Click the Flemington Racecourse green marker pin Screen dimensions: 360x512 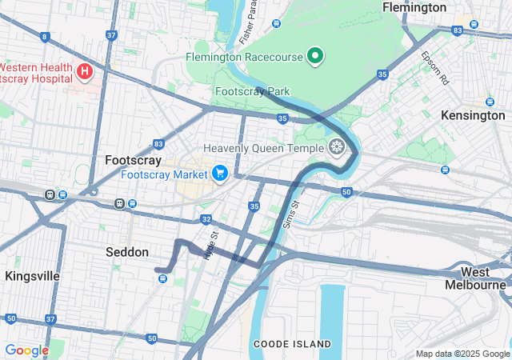315,56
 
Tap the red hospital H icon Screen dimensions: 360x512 85,73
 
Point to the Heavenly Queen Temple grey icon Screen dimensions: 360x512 337,147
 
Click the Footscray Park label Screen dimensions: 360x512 252,91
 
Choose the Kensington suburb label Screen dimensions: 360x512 473,115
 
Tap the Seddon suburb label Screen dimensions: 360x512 127,252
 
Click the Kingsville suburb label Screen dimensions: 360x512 32,276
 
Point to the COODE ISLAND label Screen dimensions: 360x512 292,344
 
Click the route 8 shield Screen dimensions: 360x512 44,37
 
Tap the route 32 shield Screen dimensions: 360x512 206,218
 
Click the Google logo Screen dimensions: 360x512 26,350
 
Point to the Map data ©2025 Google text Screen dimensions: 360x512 462,354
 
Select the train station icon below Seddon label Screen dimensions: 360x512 163,278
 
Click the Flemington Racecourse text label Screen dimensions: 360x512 244,58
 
